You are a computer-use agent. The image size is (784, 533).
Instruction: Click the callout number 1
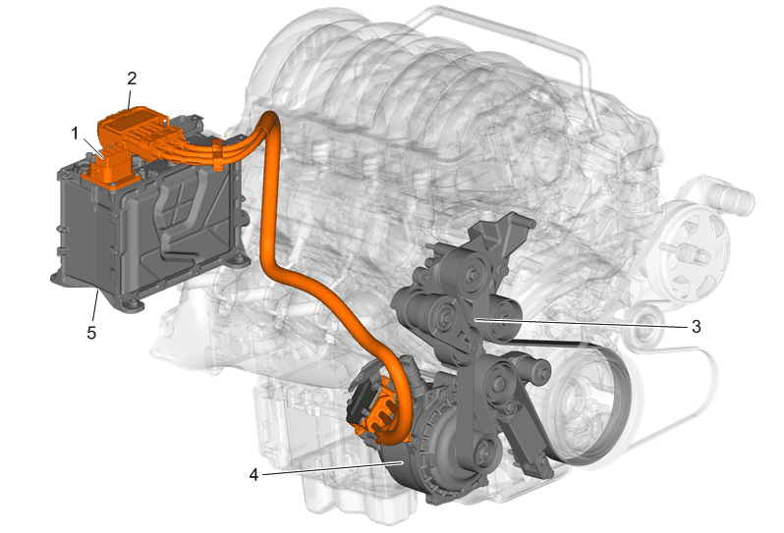tap(75, 133)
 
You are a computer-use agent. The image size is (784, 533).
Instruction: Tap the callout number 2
tap(132, 79)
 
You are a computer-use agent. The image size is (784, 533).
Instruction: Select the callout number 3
tap(696, 327)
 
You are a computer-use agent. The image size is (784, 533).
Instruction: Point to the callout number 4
tap(253, 474)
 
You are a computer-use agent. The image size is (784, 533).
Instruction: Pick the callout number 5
tap(91, 333)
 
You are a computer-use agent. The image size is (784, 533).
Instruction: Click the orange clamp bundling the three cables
tap(217, 155)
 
